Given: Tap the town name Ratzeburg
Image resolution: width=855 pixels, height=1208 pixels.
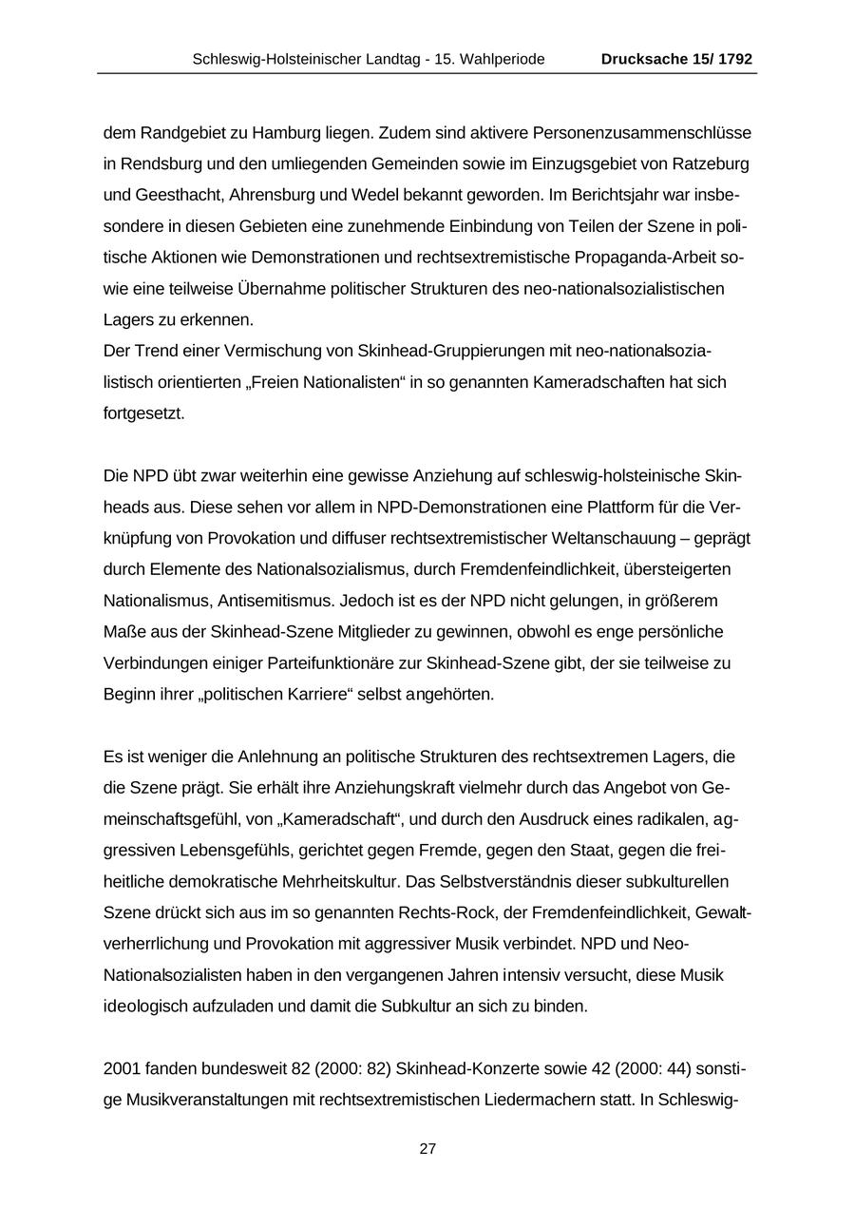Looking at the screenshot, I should (x=712, y=163).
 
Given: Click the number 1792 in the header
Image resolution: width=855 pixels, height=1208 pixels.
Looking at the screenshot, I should (x=734, y=59).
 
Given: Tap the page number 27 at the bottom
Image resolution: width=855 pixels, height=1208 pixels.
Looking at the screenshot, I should (x=427, y=1149).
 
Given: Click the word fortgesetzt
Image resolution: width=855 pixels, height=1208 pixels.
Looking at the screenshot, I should (x=143, y=413).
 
